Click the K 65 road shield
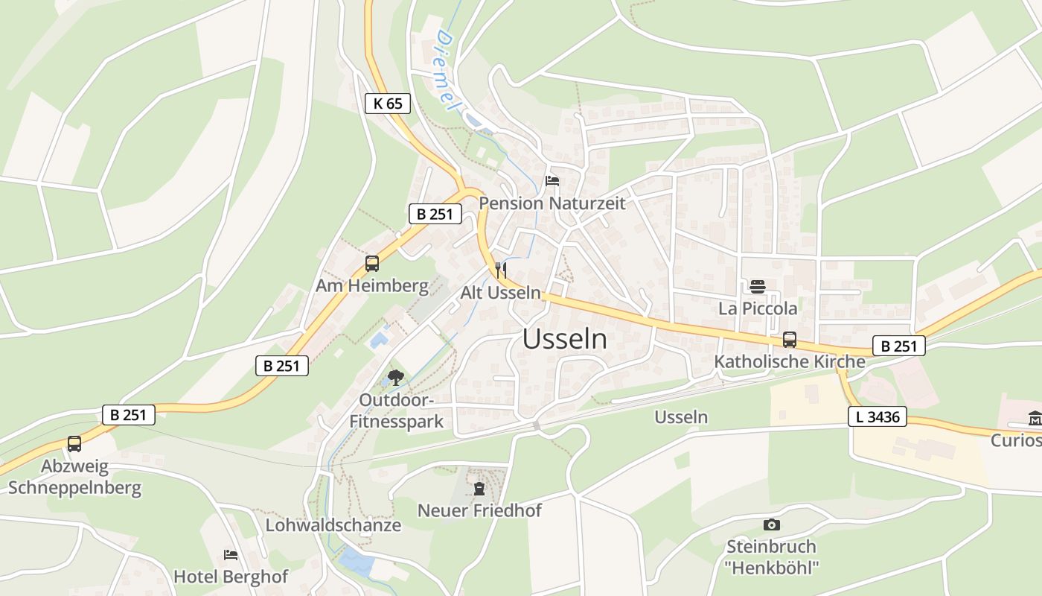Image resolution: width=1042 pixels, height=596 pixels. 388,104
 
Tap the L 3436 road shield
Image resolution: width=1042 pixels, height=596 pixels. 878,417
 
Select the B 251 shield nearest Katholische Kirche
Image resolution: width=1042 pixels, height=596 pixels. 898,346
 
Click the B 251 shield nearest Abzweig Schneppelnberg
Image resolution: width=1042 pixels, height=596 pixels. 128,415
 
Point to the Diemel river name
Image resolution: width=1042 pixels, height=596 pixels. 446,71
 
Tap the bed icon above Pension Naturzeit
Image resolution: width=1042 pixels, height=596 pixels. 552,180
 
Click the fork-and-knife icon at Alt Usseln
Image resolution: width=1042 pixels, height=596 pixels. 501,270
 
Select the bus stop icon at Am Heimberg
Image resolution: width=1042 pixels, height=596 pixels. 372,264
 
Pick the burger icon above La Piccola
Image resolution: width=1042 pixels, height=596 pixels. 758,287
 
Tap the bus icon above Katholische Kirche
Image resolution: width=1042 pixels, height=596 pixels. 790,340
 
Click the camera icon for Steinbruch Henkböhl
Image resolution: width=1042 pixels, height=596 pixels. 772,524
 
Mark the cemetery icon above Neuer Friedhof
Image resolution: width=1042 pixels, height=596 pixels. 479,489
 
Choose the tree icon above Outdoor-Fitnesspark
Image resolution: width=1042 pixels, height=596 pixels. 396,378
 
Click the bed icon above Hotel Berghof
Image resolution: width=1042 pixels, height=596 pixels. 231,555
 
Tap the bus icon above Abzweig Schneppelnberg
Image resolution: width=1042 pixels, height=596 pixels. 74,444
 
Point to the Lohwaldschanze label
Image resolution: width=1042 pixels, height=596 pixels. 333,525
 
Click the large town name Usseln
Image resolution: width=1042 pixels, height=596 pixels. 564,339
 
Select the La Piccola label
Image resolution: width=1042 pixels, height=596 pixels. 758,308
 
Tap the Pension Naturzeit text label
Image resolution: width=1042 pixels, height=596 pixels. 552,203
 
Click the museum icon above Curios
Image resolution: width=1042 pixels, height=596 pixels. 1035,419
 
